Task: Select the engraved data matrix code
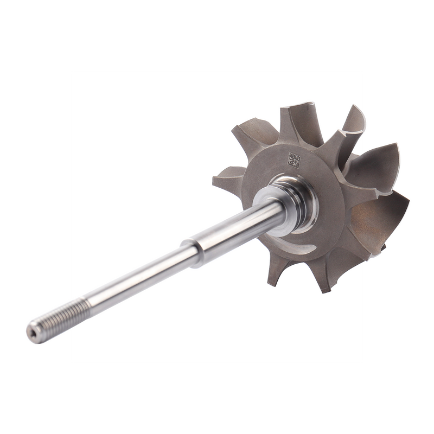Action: [293, 161]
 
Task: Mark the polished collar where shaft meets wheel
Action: [271, 201]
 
